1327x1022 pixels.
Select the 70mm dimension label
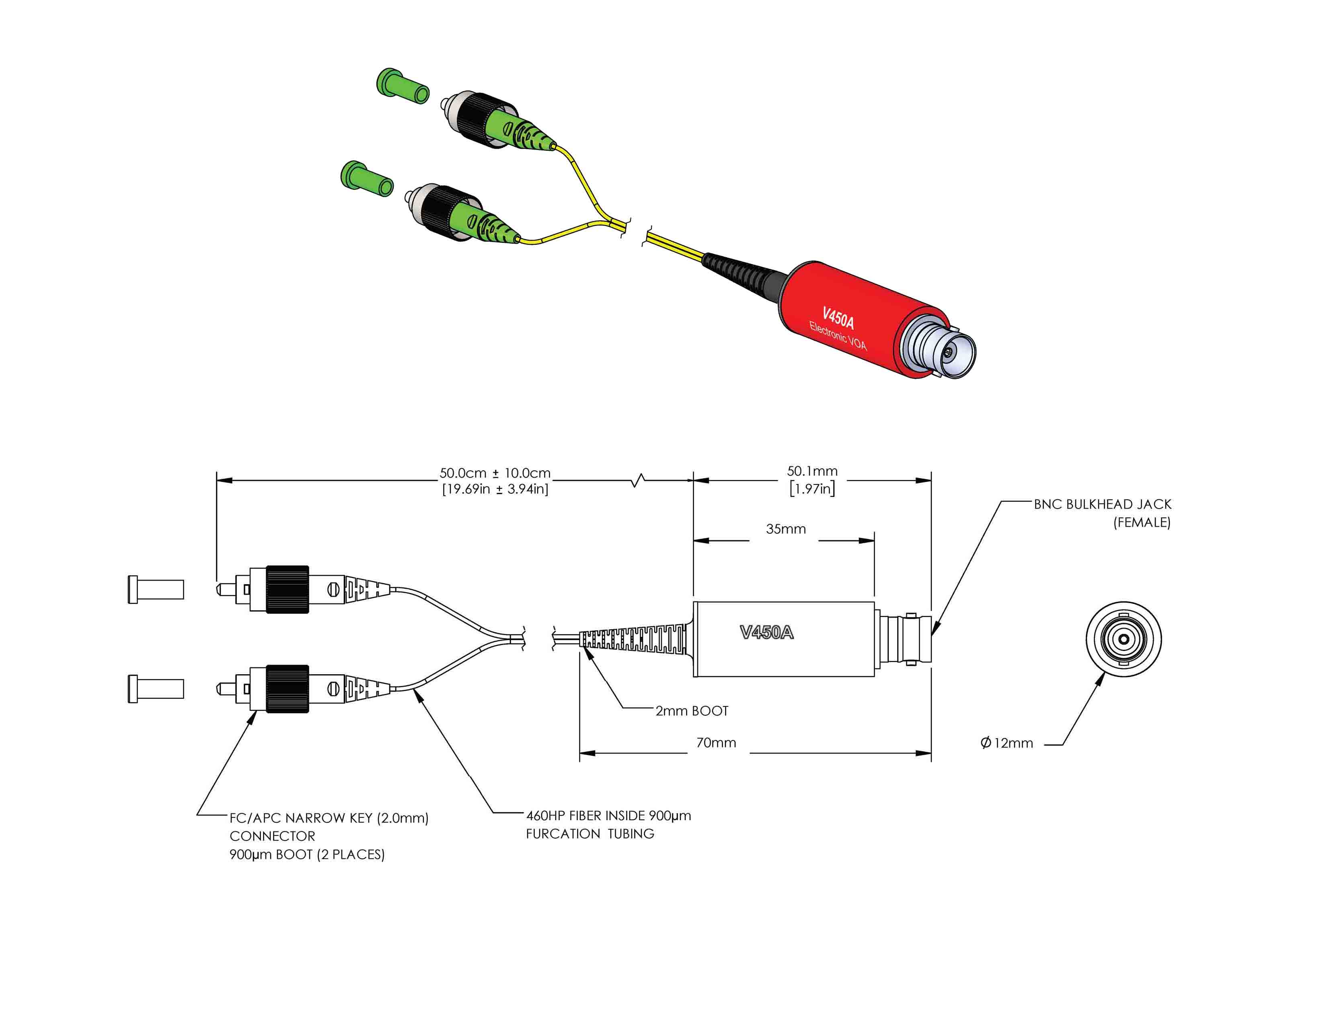tap(716, 743)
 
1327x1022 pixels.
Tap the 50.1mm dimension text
tap(812, 471)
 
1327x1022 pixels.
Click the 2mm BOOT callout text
tap(692, 711)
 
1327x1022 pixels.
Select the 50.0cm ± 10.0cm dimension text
tap(495, 473)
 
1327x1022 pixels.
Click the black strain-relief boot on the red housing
tap(741, 273)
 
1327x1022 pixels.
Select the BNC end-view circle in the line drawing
tap(1124, 639)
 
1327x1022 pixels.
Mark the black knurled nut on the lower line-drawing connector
tap(288, 688)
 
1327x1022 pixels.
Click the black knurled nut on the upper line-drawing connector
tap(288, 589)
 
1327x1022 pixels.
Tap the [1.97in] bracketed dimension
tap(812, 488)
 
